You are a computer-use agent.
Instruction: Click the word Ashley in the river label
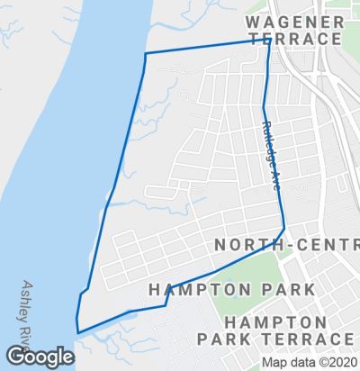tap(30, 298)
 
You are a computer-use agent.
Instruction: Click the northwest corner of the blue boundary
tap(146, 54)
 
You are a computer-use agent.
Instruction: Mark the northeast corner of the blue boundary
tap(269, 40)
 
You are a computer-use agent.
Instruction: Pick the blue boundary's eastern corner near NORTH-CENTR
tap(284, 228)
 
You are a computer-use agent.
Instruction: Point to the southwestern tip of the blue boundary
tap(77, 332)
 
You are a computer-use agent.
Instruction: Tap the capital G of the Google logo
tap(14, 357)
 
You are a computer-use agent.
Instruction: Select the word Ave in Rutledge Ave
tap(275, 178)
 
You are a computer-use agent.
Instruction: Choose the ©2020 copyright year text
tap(334, 363)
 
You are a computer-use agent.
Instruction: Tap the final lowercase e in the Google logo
tap(67, 357)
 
